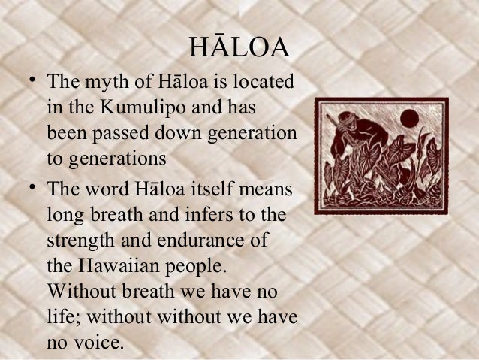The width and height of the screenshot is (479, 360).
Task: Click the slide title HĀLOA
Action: (x=239, y=47)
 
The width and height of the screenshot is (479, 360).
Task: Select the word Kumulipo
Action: (x=158, y=108)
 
